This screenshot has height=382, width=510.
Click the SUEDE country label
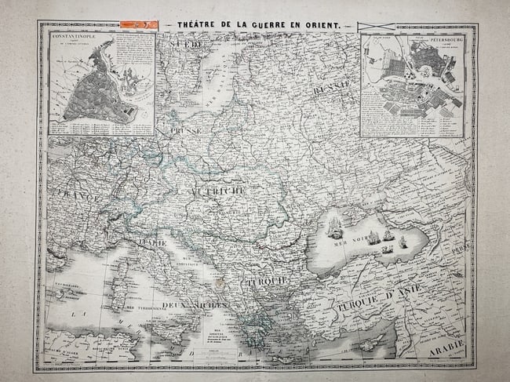click(x=191, y=46)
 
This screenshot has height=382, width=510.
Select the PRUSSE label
click(x=185, y=129)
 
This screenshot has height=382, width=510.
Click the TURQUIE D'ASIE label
click(x=368, y=297)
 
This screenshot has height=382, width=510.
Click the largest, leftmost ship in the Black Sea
click(x=335, y=227)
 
